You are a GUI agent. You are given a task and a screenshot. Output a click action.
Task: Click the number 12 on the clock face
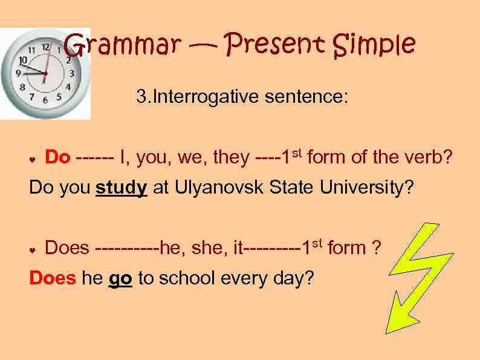tap(45, 47)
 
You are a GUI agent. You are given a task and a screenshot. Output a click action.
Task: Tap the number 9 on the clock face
tap(18, 73)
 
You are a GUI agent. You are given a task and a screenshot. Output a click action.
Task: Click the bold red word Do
tap(57, 158)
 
